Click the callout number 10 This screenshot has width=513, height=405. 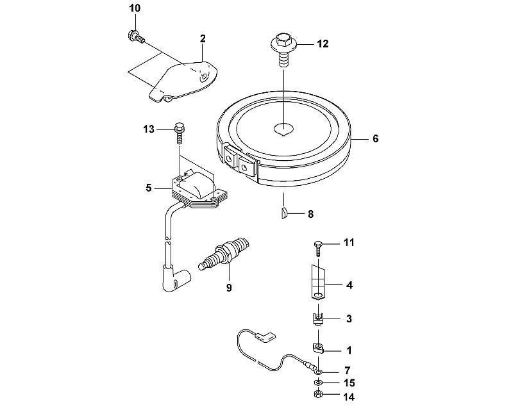pyautogui.click(x=135, y=8)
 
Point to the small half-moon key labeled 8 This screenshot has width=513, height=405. pyautogui.click(x=284, y=213)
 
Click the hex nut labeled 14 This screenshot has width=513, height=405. pyautogui.click(x=317, y=394)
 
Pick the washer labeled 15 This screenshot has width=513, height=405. pyautogui.click(x=317, y=382)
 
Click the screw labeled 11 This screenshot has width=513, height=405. pyautogui.click(x=318, y=249)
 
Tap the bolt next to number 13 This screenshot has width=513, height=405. pyautogui.click(x=178, y=133)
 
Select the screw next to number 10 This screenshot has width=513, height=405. pyautogui.click(x=135, y=36)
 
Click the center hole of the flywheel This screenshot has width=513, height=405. pyautogui.click(x=283, y=129)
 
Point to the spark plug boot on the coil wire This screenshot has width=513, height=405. pyautogui.click(x=176, y=279)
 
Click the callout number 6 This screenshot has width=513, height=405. pyautogui.click(x=376, y=138)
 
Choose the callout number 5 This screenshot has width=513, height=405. pyautogui.click(x=149, y=188)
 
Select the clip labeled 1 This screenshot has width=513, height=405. pyautogui.click(x=317, y=348)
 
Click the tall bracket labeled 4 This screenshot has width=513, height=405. pyautogui.click(x=317, y=281)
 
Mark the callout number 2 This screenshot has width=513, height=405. pyautogui.click(x=203, y=38)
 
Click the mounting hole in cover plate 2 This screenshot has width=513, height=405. pyautogui.click(x=204, y=77)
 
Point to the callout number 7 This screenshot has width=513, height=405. pyautogui.click(x=347, y=370)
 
